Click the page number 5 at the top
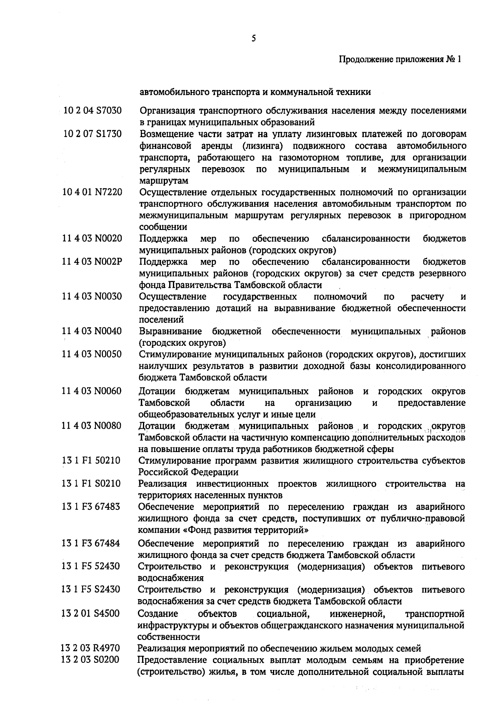(x=254, y=39)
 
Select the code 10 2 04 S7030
(x=92, y=111)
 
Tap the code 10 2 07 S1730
(x=92, y=134)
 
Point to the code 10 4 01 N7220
(x=92, y=192)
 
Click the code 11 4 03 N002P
(x=92, y=262)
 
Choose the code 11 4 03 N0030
(x=92, y=297)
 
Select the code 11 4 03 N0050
(x=92, y=355)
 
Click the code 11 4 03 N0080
(x=92, y=426)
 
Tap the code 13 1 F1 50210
(x=91, y=461)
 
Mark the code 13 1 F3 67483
(x=91, y=507)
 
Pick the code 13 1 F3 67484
(x=91, y=544)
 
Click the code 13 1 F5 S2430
(x=91, y=590)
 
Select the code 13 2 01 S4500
(x=90, y=614)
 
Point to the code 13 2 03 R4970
(x=90, y=648)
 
